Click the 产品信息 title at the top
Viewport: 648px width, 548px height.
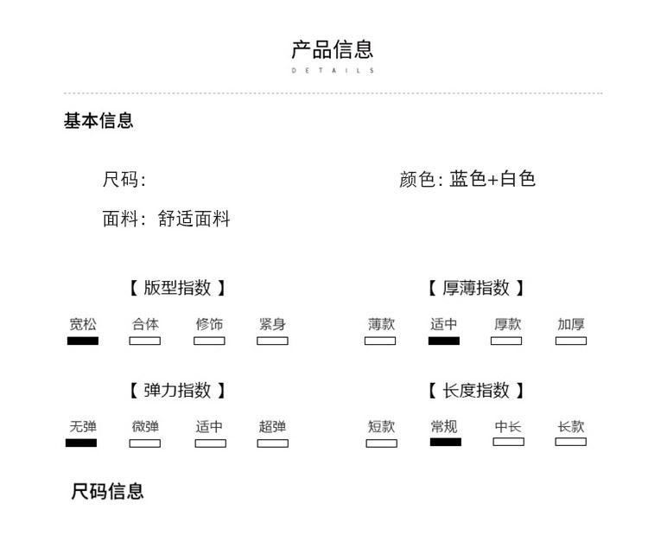click(332, 49)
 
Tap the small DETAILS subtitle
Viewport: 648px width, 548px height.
click(333, 71)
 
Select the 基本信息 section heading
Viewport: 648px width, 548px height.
click(98, 121)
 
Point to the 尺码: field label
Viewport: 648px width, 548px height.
click(124, 180)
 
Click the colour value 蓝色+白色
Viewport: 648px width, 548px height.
click(492, 179)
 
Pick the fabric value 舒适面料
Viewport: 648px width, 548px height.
click(194, 220)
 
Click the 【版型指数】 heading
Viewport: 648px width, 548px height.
click(177, 288)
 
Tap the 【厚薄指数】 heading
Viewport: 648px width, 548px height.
click(476, 288)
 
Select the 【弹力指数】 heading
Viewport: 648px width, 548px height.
click(177, 391)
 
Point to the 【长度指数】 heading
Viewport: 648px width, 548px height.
click(476, 391)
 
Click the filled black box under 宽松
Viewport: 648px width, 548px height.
click(83, 341)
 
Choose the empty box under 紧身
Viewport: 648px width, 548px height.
click(272, 341)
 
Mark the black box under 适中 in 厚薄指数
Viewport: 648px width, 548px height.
click(444, 341)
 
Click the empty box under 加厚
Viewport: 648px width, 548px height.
click(571, 341)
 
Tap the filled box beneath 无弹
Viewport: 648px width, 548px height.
click(81, 443)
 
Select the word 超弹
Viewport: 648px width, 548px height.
click(272, 426)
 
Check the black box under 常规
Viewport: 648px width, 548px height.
click(446, 442)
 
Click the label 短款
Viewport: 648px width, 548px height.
click(381, 426)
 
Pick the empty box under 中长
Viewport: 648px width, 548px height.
click(508, 442)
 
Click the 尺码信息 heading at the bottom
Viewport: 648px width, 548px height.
click(107, 492)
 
